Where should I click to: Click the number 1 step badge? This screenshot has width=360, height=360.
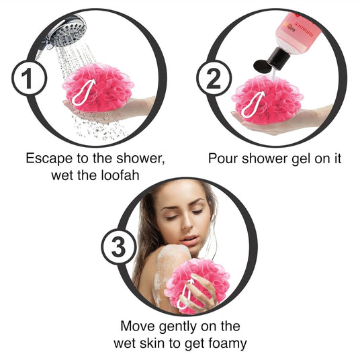(29, 79)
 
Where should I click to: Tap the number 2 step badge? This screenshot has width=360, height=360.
(214, 78)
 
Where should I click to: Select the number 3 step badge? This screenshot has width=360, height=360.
(119, 247)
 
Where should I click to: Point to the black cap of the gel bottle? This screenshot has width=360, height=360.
(273, 60)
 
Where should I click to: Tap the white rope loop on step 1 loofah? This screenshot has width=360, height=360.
(83, 92)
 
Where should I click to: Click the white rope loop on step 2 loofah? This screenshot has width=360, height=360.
(253, 105)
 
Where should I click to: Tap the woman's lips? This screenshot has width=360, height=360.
(189, 240)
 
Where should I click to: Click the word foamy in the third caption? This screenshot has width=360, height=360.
(228, 344)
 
